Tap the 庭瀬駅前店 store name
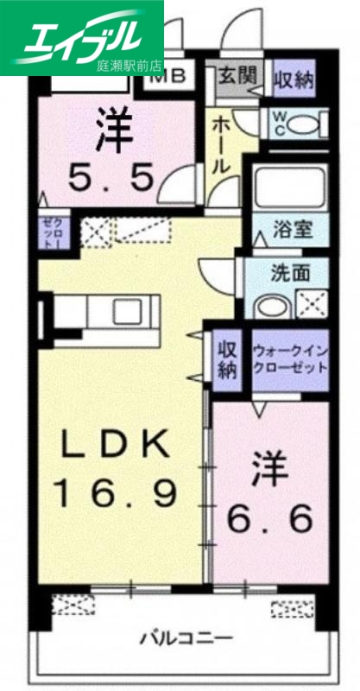128,64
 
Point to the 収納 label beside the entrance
293,79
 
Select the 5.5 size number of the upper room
113,178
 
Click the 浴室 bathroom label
288,231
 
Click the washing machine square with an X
310,305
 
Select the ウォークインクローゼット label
290,359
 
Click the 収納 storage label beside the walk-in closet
227,359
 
